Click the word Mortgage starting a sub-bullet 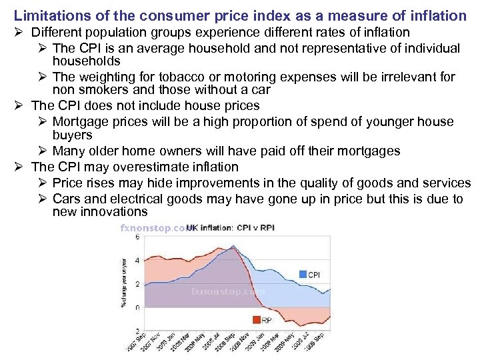(x=79, y=121)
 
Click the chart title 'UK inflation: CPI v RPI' (x=230, y=228)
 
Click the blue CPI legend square (x=303, y=274)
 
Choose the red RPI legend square (x=256, y=320)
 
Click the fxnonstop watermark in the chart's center (x=227, y=291)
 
